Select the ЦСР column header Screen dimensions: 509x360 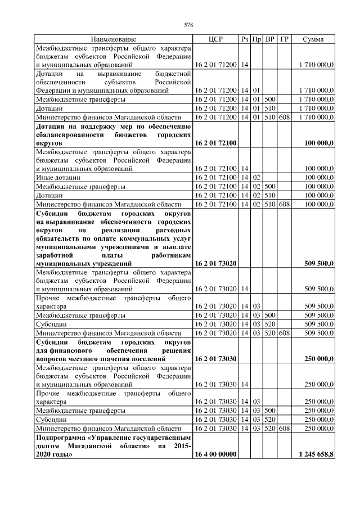click(x=215, y=39)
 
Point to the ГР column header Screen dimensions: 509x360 click(x=285, y=39)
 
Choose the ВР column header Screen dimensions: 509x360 click(x=270, y=39)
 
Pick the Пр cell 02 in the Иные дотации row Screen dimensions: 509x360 click(x=256, y=177)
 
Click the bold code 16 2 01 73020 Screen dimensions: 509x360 click(x=215, y=263)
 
